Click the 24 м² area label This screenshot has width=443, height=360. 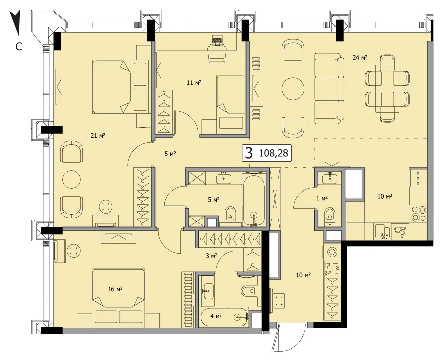click(360, 58)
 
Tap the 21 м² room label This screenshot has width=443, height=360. click(98, 136)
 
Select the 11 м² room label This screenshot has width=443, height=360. click(194, 83)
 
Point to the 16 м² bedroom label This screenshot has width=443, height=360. click(115, 289)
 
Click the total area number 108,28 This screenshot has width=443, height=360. click(273, 153)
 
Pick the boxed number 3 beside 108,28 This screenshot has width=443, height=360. click(249, 153)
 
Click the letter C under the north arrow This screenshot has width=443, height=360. click(18, 47)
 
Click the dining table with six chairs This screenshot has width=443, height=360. click(387, 89)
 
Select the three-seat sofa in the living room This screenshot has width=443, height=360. click(330, 89)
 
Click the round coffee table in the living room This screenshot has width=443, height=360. click(293, 89)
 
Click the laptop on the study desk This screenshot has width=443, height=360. click(217, 39)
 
